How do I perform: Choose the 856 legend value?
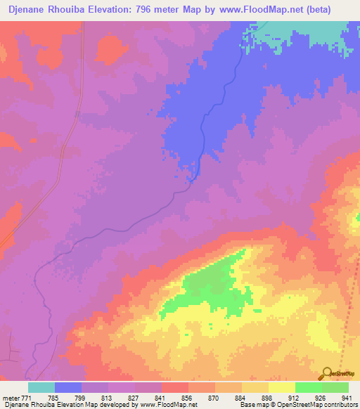pyautogui.click(x=187, y=397)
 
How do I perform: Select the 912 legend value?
pyautogui.click(x=294, y=397)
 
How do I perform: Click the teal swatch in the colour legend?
pyautogui.click(x=41, y=387)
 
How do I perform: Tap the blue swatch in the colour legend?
pyautogui.click(x=68, y=387)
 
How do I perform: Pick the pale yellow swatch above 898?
pyautogui.click(x=255, y=387)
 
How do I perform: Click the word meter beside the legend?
pyautogui.click(x=12, y=397)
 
